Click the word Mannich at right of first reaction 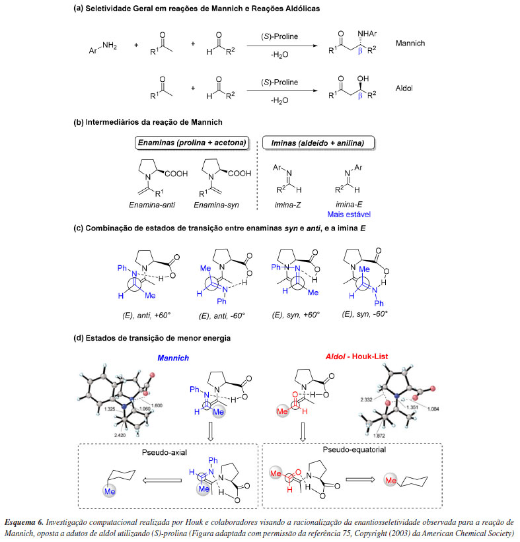pyautogui.click(x=410, y=44)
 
